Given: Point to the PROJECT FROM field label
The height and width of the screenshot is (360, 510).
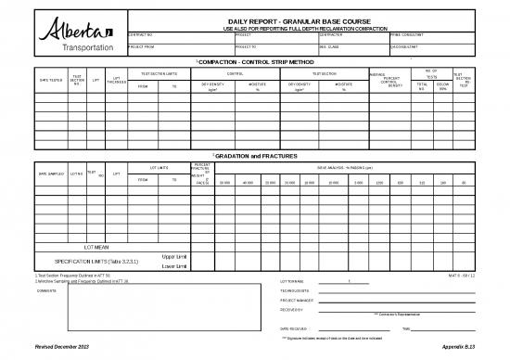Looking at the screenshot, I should point(142,45).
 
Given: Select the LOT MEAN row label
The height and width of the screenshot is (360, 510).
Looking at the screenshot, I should point(98,246).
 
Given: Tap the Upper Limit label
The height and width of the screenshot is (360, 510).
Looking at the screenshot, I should point(174,256).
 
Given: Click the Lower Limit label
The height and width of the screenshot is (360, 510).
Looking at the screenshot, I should point(174,266).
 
